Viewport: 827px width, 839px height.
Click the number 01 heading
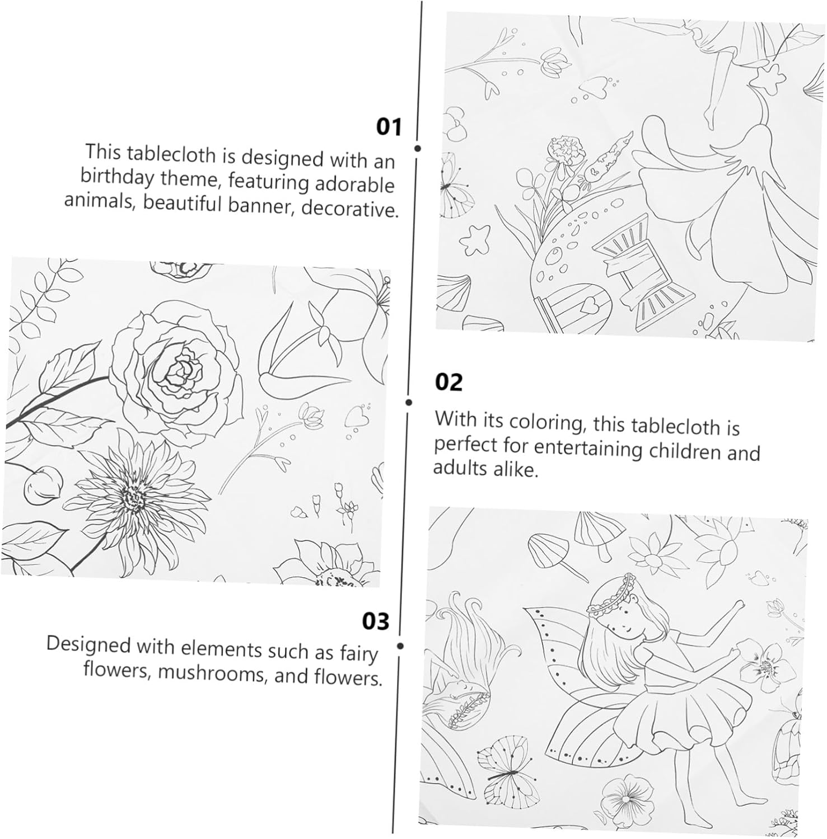(x=389, y=127)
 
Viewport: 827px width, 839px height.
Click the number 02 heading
(x=449, y=383)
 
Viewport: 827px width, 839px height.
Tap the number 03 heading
(x=375, y=621)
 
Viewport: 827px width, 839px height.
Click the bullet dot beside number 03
(x=400, y=646)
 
